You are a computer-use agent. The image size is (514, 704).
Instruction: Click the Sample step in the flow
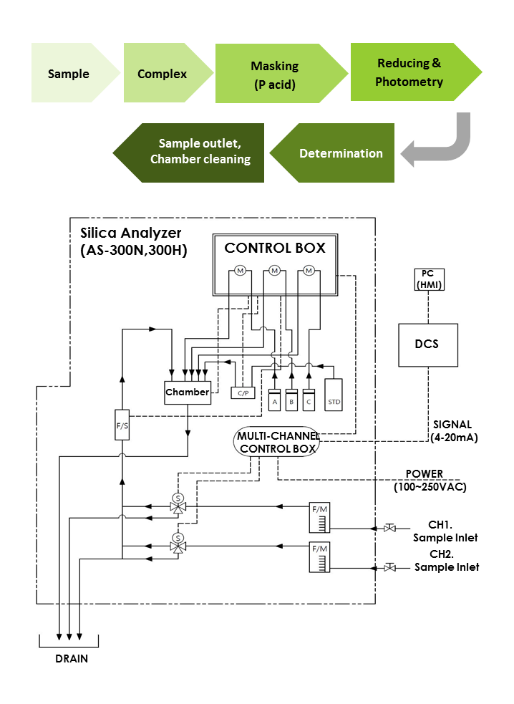point(69,74)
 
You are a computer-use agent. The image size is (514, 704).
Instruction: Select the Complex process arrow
point(163,74)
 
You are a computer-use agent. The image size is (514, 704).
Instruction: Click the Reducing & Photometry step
point(409,72)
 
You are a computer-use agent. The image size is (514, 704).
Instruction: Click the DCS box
point(427,344)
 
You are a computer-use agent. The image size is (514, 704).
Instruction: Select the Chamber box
point(188,392)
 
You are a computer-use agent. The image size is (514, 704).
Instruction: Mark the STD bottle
point(334,395)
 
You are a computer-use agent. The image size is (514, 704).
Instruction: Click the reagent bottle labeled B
point(291,400)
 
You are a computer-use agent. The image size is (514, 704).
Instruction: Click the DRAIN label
point(72,659)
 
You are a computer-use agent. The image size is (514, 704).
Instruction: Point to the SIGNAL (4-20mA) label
point(452,430)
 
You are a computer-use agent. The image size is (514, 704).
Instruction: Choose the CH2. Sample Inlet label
point(446,561)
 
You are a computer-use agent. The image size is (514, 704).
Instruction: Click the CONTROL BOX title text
point(275,249)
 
